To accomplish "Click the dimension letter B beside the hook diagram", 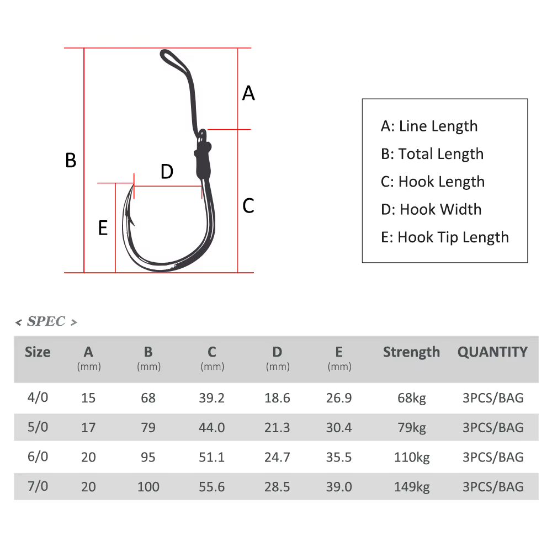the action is [71, 160].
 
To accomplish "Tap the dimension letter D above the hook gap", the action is [167, 172].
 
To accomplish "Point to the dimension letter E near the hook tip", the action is [103, 228].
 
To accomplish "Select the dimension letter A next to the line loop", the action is [248, 93].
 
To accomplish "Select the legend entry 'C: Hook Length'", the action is [433, 182].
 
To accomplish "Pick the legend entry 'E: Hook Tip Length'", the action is [444, 237].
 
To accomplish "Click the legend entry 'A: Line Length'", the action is [429, 126].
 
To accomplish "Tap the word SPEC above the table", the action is [46, 321].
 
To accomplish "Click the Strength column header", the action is [412, 352].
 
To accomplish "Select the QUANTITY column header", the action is [492, 352].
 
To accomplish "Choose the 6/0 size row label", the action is [38, 457].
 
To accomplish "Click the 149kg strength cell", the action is [412, 487].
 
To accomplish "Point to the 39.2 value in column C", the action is [211, 398].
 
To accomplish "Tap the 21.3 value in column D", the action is [277, 427].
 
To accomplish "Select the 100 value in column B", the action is [148, 487].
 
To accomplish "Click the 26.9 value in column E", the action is [339, 398].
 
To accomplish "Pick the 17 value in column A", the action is [88, 427].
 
